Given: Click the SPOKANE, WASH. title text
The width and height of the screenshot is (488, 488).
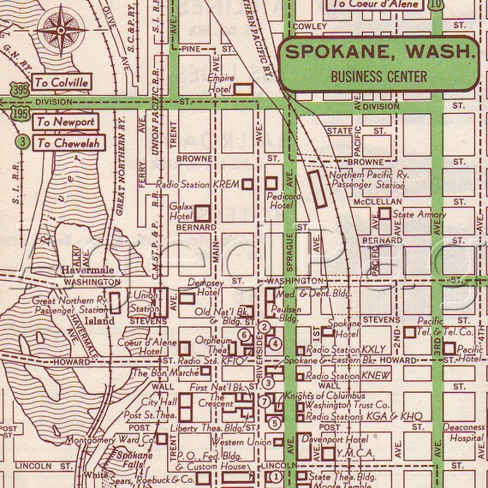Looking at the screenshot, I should [x=380, y=53].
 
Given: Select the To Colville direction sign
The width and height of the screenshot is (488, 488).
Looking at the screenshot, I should [x=61, y=83].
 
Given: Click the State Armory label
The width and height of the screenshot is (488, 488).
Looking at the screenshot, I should [x=419, y=213].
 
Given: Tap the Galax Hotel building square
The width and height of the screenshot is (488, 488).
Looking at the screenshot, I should [x=204, y=212].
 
